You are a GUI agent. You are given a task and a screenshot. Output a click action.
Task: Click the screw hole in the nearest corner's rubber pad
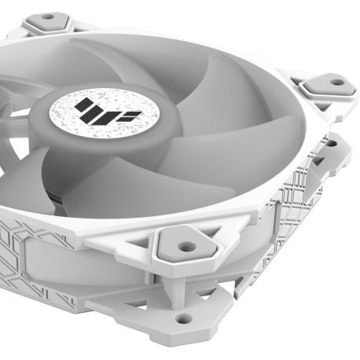186,245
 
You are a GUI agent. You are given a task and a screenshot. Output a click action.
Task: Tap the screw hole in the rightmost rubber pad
337,81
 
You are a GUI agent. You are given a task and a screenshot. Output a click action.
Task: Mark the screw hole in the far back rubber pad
49,17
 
